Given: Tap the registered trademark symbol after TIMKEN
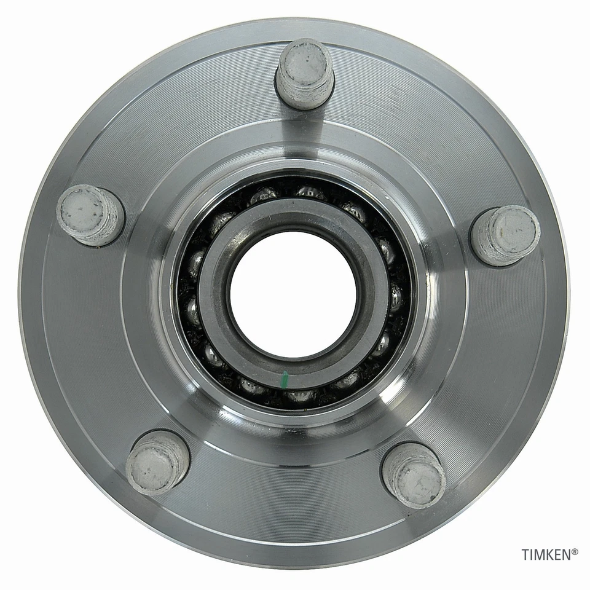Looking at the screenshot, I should [x=575, y=552].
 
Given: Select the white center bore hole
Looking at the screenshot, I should [x=293, y=294].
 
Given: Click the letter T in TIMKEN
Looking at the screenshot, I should [x=525, y=555].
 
